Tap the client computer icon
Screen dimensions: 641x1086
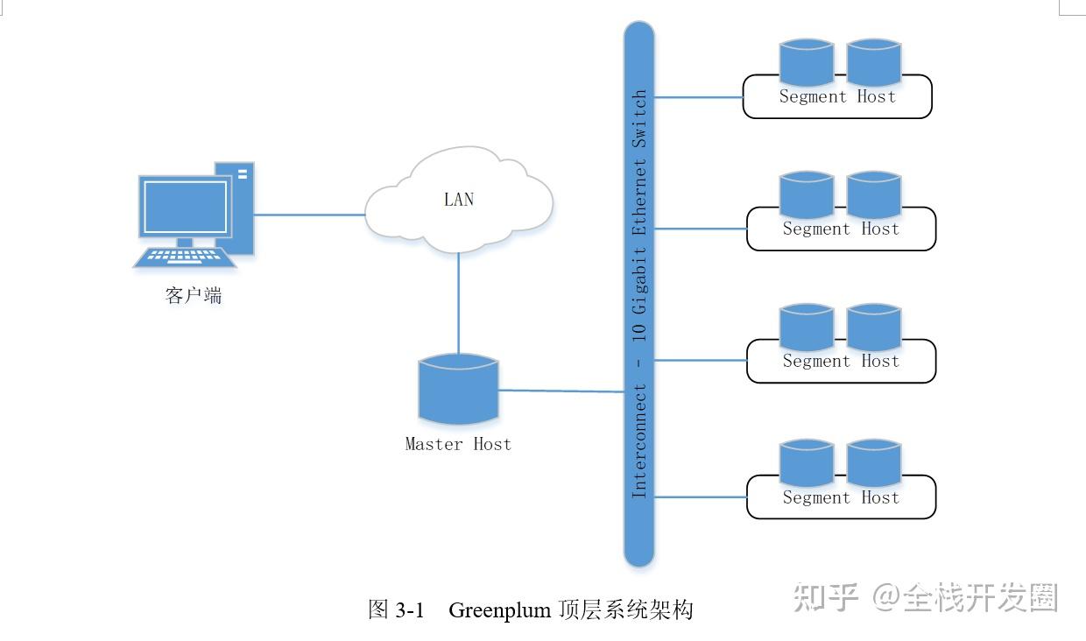click(x=195, y=215)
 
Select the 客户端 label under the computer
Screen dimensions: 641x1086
click(x=194, y=296)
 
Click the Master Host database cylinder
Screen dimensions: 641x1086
click(x=458, y=390)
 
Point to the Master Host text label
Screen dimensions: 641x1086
click(x=458, y=444)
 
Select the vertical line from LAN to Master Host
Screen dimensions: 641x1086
click(x=458, y=302)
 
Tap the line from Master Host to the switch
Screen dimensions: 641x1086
click(x=561, y=391)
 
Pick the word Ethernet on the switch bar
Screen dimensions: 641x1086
click(x=639, y=197)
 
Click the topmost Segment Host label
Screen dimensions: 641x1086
click(x=837, y=97)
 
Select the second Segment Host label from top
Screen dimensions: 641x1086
click(x=841, y=229)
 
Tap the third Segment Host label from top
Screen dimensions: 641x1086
click(x=841, y=362)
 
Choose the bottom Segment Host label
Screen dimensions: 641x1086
click(x=841, y=498)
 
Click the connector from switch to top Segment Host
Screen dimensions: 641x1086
click(x=698, y=97)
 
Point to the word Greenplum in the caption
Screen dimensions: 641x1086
click(x=499, y=610)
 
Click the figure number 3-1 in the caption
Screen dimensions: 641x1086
click(x=410, y=610)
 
